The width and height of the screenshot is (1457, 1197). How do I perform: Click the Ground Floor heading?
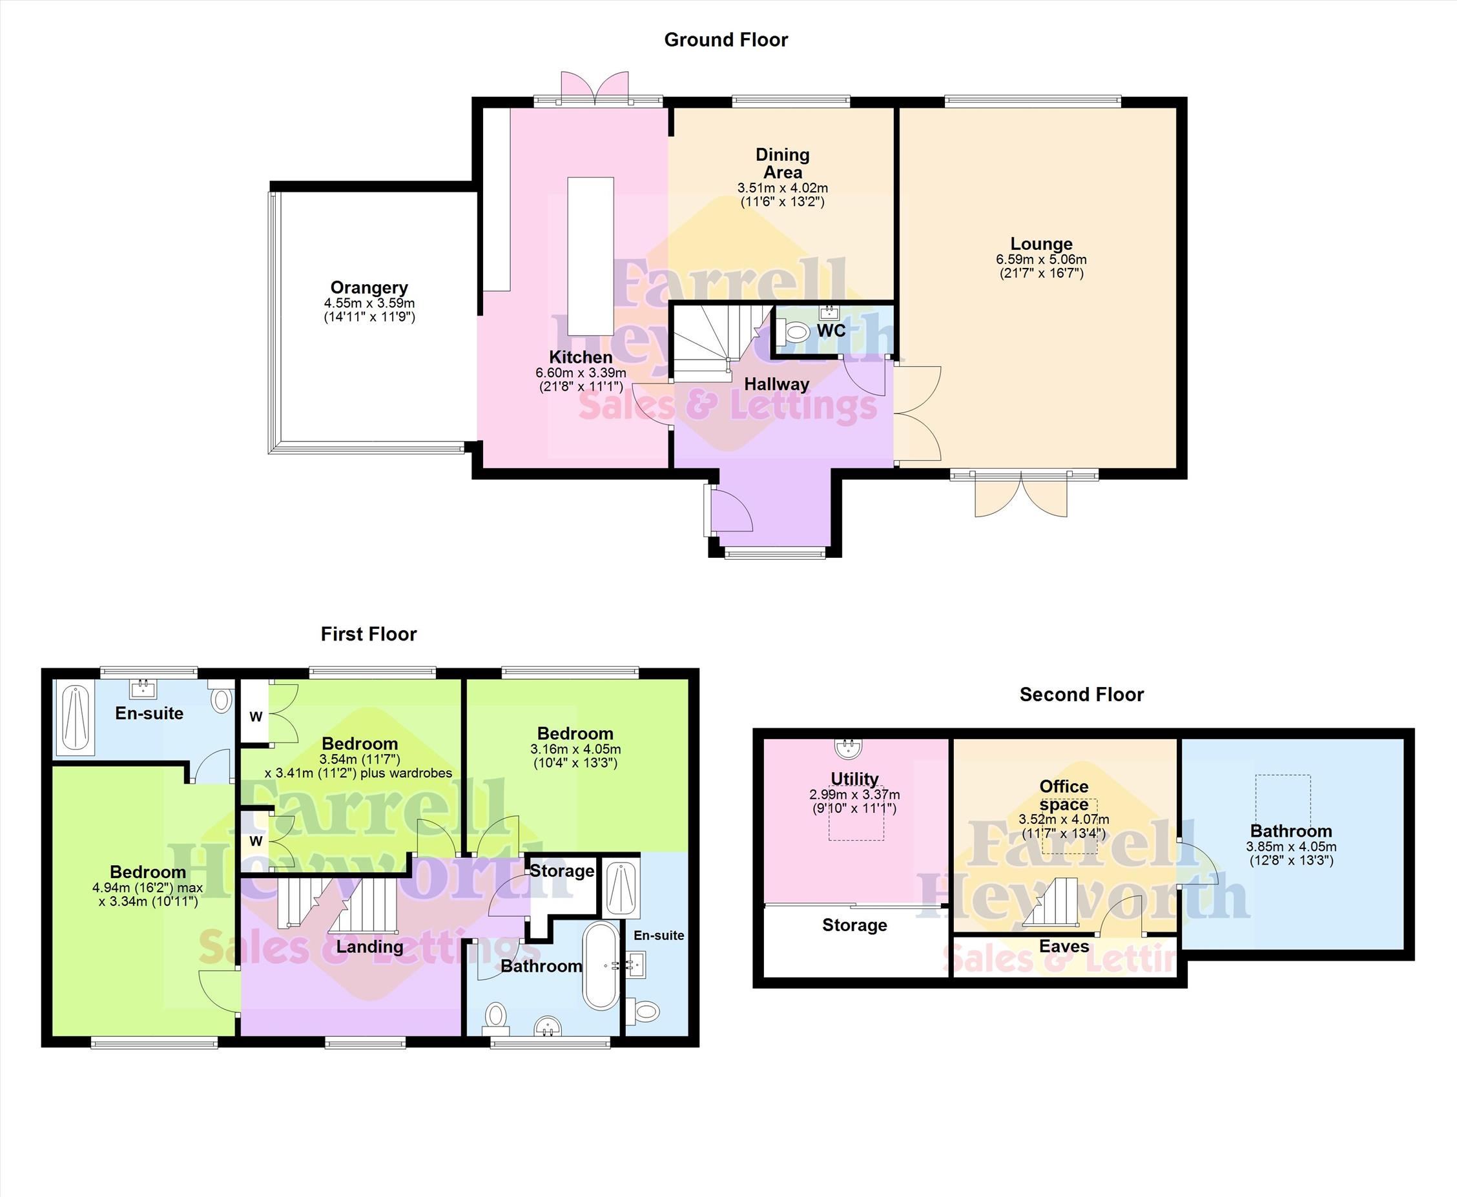click(725, 40)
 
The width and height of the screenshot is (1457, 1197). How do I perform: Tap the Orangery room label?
click(369, 287)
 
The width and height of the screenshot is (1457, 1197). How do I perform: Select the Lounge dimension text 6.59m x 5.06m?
click(1041, 260)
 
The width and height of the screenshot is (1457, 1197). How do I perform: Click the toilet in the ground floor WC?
click(794, 332)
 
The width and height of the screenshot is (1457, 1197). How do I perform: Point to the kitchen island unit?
click(590, 257)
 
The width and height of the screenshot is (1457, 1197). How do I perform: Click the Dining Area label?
click(783, 163)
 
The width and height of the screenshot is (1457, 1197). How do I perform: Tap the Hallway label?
click(776, 384)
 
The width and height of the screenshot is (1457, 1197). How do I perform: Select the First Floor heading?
click(369, 635)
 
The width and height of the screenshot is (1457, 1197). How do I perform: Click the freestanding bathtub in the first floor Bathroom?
click(602, 966)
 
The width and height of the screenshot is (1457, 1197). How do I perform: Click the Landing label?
click(369, 946)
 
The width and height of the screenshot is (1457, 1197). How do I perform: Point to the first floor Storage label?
click(562, 871)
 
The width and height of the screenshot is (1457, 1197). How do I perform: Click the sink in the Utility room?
click(849, 748)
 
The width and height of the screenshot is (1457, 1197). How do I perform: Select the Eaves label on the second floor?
click(1064, 946)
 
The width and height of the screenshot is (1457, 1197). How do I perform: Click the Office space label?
click(1064, 795)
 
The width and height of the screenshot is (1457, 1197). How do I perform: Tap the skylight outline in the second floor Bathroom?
click(1283, 801)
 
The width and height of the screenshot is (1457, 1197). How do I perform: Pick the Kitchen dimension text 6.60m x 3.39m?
click(581, 373)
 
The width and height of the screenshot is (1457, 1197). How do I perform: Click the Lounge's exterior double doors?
click(1021, 494)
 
